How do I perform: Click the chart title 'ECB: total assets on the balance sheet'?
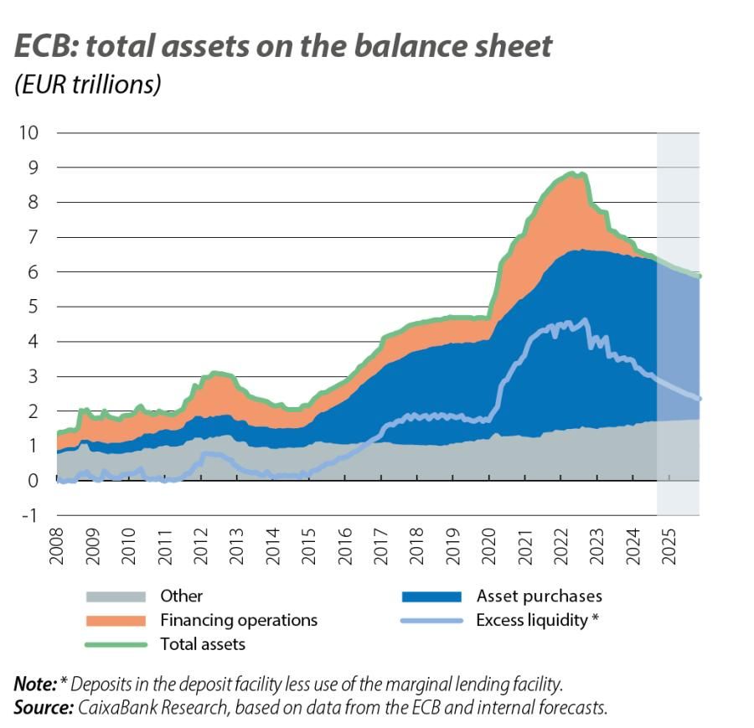click(283, 46)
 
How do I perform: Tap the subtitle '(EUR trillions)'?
click(87, 85)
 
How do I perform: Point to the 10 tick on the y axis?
click(28, 132)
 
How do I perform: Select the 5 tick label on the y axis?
click(32, 307)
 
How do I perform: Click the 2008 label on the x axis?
click(58, 545)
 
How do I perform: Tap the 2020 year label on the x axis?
click(489, 545)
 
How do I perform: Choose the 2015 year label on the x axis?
click(309, 545)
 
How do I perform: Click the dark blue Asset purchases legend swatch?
click(431, 596)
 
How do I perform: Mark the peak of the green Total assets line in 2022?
click(571, 173)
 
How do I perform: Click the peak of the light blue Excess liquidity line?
click(584, 319)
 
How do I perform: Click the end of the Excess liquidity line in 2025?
click(698, 399)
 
